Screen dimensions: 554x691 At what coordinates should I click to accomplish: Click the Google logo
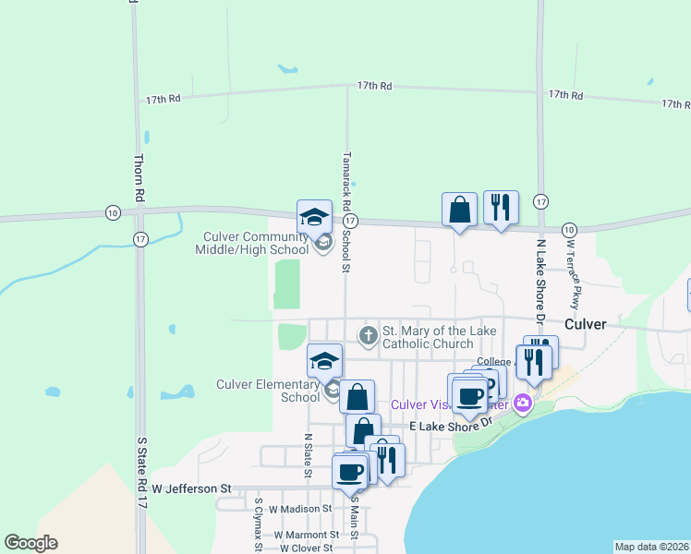click(x=30, y=543)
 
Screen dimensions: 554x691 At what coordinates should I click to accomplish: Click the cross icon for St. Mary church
click(x=369, y=334)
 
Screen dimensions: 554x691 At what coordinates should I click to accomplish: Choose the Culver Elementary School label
click(x=268, y=391)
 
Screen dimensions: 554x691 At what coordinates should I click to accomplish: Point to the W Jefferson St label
click(x=192, y=488)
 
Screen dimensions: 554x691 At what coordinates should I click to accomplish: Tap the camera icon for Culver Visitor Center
click(x=523, y=403)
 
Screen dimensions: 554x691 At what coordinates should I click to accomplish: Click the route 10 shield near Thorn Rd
click(x=113, y=211)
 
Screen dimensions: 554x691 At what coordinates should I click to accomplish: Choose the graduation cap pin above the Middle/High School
click(x=314, y=218)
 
